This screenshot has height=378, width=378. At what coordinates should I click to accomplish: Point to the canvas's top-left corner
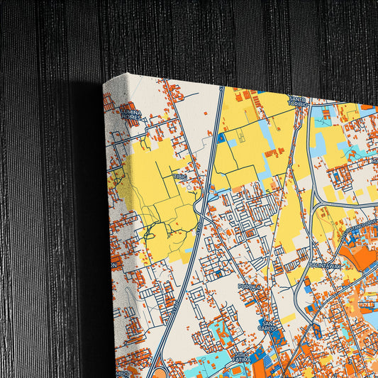pyautogui.click(x=104, y=82)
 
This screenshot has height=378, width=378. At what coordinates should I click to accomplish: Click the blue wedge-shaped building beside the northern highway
pyautogui.click(x=221, y=138)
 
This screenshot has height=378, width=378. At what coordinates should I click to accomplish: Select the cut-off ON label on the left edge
pyautogui.click(x=113, y=265)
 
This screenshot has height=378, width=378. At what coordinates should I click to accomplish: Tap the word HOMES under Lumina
pyautogui.click(x=132, y=119)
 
